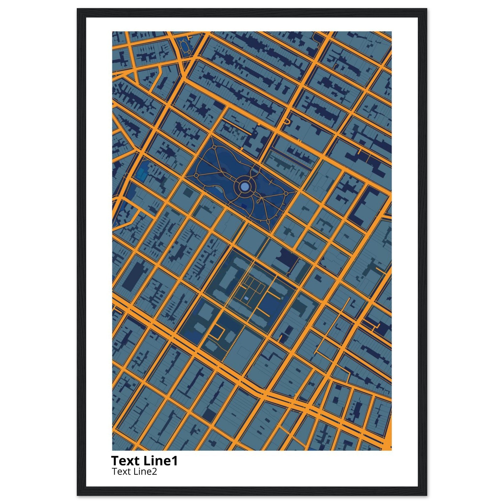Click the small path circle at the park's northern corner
click(x=214, y=147)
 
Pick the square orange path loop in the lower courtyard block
click(x=217, y=331)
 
